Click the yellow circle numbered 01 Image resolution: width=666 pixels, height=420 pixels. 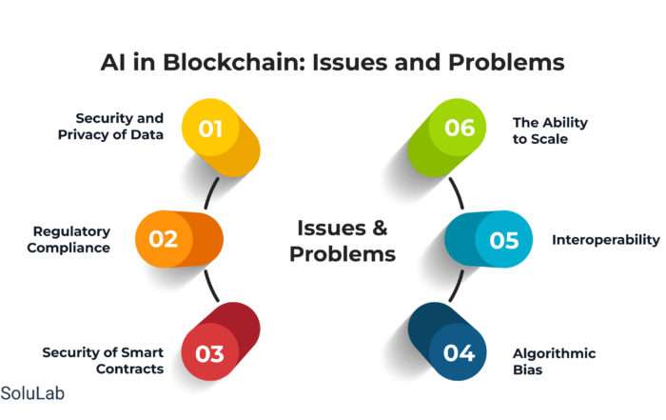[210, 128]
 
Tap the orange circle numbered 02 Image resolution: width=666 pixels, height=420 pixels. [164, 239]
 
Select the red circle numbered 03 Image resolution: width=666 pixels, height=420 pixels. [210, 352]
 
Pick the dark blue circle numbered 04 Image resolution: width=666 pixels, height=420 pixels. [458, 352]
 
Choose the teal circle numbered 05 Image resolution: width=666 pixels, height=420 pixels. [503, 239]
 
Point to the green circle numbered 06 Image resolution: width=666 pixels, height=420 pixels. [458, 128]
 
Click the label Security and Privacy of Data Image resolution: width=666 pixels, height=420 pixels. [111, 127]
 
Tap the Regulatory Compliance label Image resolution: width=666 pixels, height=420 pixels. [69, 239]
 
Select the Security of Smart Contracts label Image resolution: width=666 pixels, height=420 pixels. [103, 361]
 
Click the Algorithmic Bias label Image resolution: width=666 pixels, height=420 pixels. [555, 361]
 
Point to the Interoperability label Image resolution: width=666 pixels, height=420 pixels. [606, 240]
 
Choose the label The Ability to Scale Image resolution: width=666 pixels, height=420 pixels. [551, 130]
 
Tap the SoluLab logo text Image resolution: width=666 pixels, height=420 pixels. [32, 393]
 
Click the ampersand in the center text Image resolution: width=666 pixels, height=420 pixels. [380, 228]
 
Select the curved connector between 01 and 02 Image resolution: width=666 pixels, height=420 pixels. [211, 193]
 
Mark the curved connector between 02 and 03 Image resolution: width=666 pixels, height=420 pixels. [211, 286]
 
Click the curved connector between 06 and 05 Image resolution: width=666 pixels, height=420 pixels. [457, 193]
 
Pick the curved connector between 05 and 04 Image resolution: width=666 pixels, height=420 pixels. [457, 286]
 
